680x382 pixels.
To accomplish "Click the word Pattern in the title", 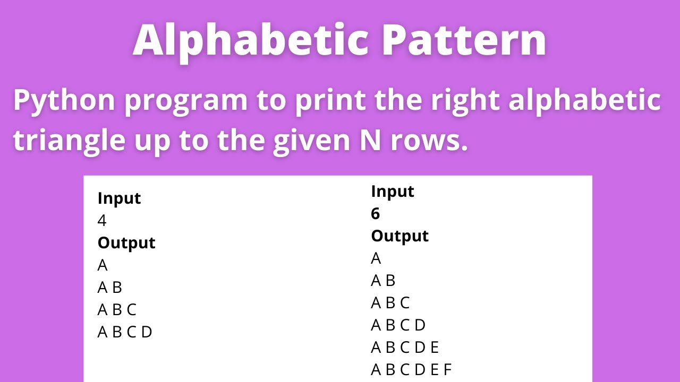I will coord(464,41).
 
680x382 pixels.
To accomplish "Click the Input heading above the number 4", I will coord(119,198).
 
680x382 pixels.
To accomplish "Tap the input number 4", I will coord(102,221).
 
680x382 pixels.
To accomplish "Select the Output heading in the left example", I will coord(126,243).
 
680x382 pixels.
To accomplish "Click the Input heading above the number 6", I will coord(393,191).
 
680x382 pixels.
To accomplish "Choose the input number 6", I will coord(376,213).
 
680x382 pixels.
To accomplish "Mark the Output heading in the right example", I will coord(399,236).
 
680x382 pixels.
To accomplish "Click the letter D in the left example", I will coord(147,332).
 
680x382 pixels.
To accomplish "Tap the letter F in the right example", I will coord(447,369).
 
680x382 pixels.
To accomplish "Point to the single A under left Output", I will coord(103,265).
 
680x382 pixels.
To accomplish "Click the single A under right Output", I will coord(376,258).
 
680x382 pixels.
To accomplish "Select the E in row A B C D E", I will coord(434,347).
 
